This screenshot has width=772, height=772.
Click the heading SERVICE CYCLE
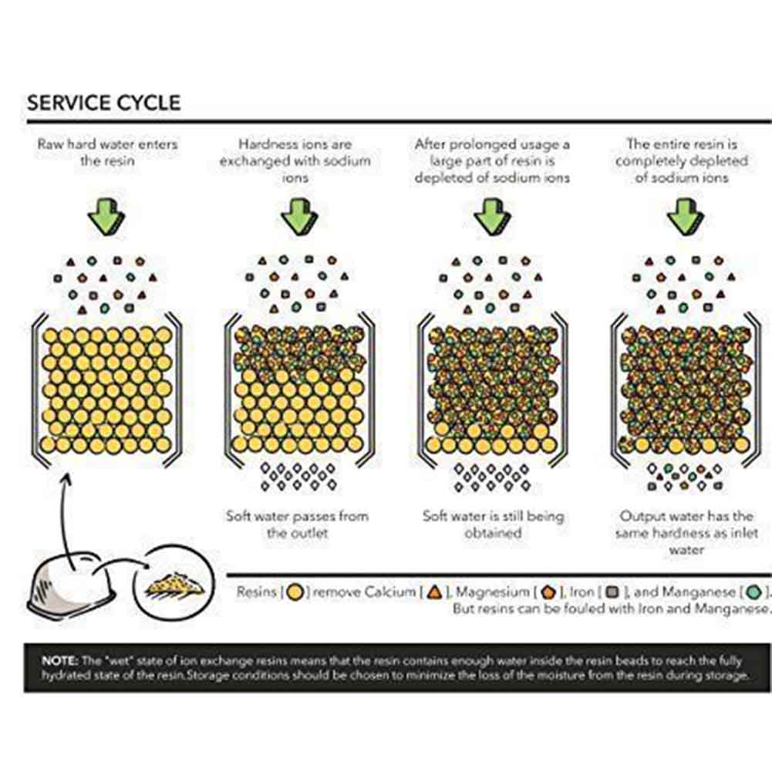(x=103, y=103)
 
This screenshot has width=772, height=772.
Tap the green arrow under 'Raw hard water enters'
(x=106, y=214)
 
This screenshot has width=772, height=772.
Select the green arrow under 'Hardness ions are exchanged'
(x=298, y=214)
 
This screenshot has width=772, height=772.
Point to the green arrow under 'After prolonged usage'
(x=491, y=214)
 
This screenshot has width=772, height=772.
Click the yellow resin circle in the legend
(x=293, y=593)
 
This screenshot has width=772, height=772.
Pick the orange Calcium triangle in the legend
(x=434, y=593)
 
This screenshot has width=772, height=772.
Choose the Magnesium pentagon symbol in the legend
(x=548, y=593)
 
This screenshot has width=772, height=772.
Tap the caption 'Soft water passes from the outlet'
(x=298, y=524)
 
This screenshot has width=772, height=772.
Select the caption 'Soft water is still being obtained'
(x=493, y=524)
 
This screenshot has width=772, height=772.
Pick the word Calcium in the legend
(x=389, y=593)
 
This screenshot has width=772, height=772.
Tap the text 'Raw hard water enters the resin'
(x=106, y=152)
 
